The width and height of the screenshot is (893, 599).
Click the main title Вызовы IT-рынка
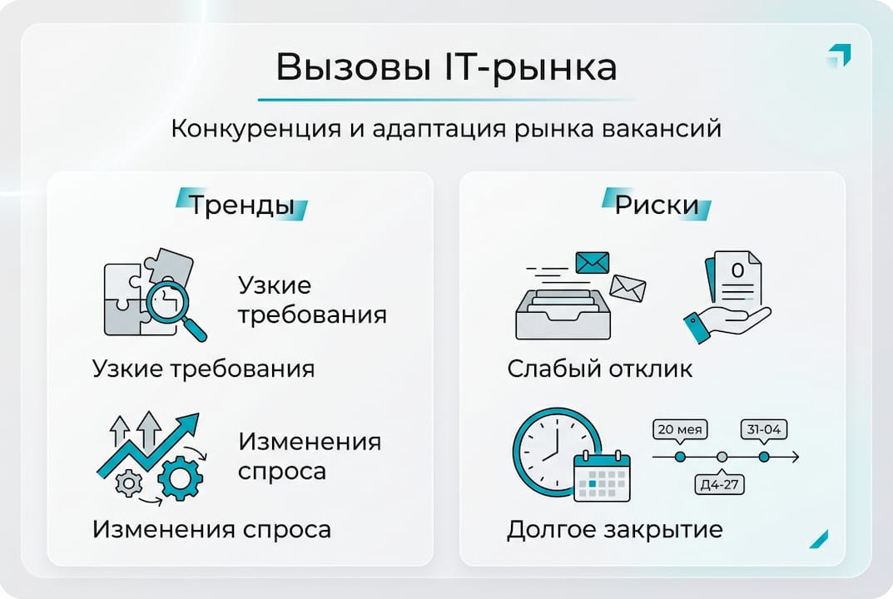click(x=446, y=68)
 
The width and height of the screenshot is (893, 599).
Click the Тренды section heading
click(x=241, y=205)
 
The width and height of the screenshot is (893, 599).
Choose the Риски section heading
click(x=657, y=205)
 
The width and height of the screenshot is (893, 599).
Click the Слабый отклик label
click(x=599, y=369)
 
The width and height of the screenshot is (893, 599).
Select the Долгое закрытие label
click(x=614, y=529)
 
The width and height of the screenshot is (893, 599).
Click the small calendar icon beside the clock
click(x=603, y=478)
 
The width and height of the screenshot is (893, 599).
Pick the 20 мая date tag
click(x=680, y=430)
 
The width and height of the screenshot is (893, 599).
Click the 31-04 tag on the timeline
click(x=764, y=430)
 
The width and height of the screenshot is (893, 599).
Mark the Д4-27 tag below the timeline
click(x=721, y=484)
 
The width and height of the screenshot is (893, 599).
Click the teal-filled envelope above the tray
click(x=593, y=263)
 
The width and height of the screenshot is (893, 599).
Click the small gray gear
click(x=127, y=483)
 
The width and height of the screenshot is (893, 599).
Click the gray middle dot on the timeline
click(x=722, y=457)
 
